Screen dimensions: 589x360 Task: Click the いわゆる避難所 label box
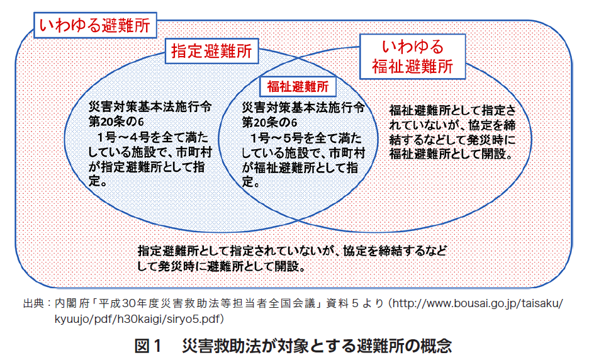pyautogui.click(x=95, y=25)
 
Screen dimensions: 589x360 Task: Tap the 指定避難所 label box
pyautogui.click(x=212, y=51)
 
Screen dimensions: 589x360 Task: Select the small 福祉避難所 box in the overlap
pyautogui.click(x=298, y=87)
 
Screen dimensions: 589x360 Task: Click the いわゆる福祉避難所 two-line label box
pyautogui.click(x=412, y=57)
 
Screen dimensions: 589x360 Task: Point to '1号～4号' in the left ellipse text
pyautogui.click(x=125, y=137)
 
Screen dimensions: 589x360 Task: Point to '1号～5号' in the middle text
pyautogui.click(x=278, y=138)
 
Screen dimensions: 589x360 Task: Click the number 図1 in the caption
pyautogui.click(x=148, y=346)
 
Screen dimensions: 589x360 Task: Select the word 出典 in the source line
pyautogui.click(x=33, y=303)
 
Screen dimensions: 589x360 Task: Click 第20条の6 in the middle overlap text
pyautogui.click(x=269, y=123)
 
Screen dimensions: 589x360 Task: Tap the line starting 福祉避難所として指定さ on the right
pyautogui.click(x=452, y=111)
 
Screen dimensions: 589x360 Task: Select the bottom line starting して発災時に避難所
pyautogui.click(x=222, y=266)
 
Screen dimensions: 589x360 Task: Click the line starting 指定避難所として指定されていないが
pyautogui.click(x=292, y=250)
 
